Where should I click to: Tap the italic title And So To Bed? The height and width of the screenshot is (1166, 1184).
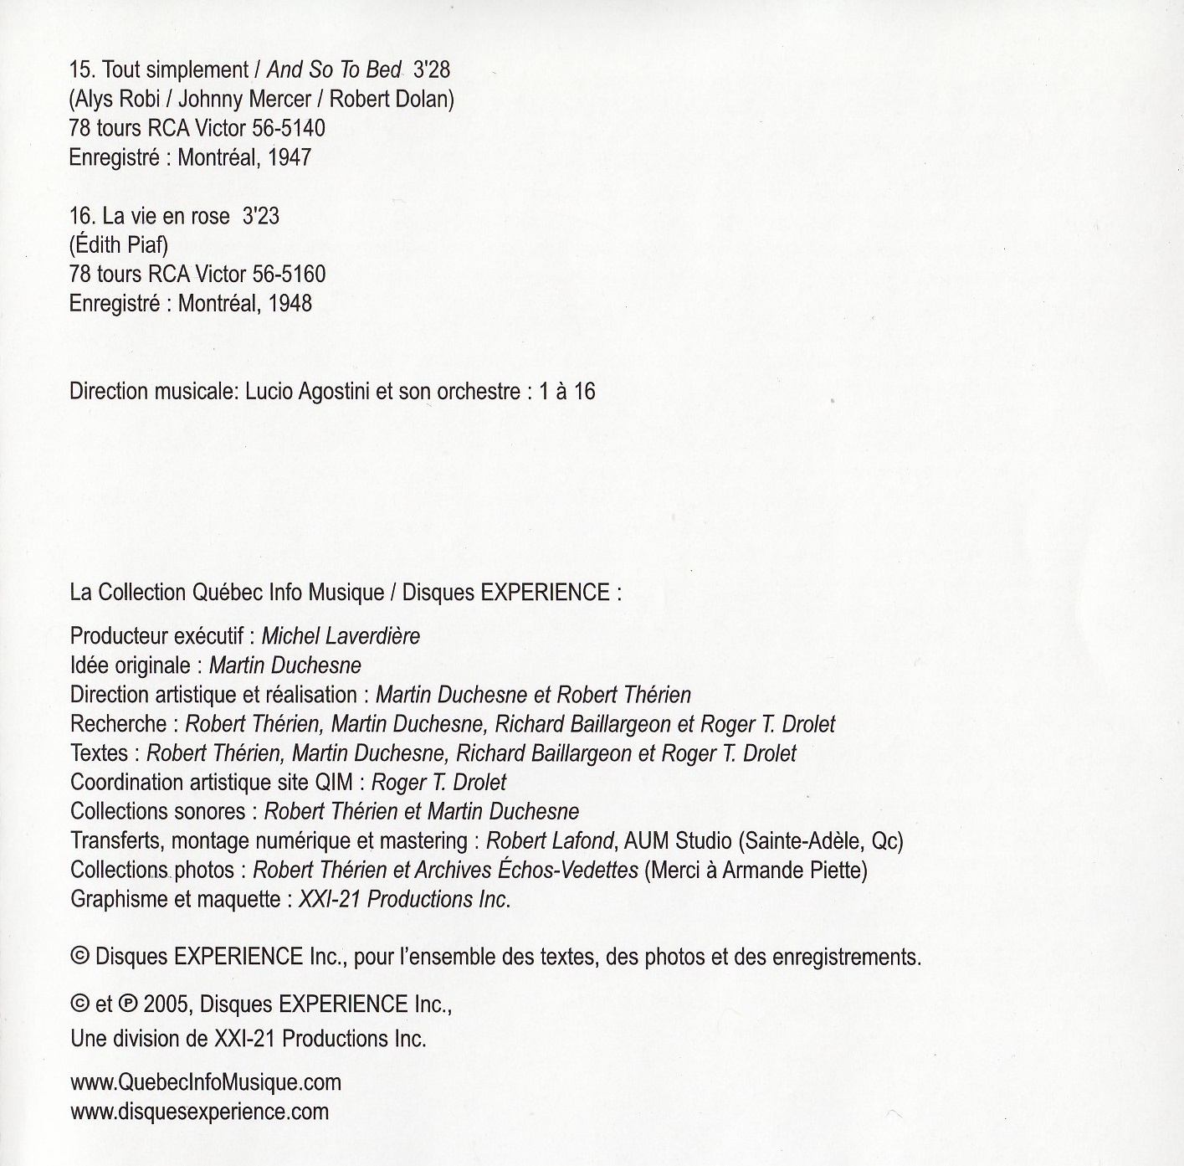click(334, 70)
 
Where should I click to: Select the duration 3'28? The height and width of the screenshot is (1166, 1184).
click(432, 70)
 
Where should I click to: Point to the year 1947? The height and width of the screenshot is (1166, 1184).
click(290, 157)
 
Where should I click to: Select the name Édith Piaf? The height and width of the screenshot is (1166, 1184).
click(119, 245)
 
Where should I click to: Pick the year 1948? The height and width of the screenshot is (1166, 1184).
click(290, 303)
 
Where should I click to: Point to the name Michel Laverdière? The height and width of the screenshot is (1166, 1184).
click(341, 636)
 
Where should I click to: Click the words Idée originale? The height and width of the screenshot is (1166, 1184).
click(131, 665)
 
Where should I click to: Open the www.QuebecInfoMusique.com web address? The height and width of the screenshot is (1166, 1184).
click(206, 1082)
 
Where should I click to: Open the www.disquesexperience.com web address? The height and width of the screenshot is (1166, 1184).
click(199, 1112)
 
